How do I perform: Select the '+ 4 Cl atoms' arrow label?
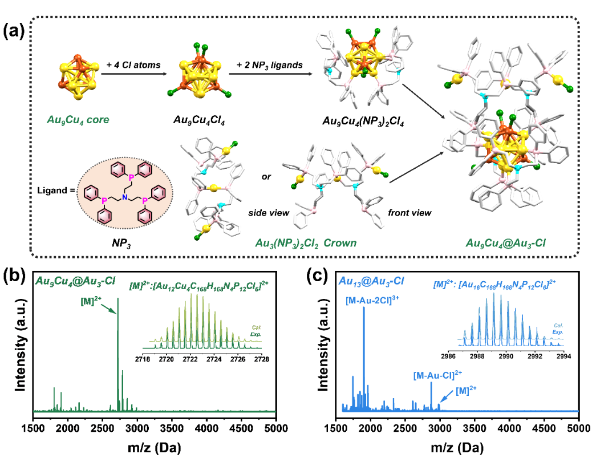pyautogui.click(x=133, y=65)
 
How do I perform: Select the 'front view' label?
pyautogui.click(x=409, y=212)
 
